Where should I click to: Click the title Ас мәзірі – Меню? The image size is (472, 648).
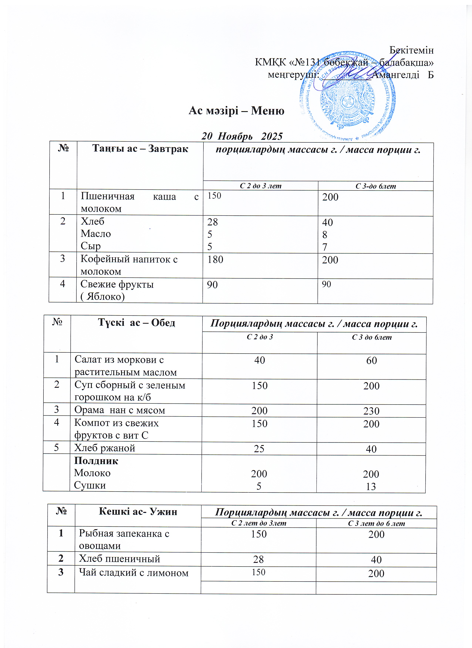236,111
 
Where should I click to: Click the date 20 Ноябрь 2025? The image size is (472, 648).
242,136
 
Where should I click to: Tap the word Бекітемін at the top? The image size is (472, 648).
411,50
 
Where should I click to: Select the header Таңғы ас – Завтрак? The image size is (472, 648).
140,149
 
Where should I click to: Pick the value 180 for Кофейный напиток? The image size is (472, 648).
215,259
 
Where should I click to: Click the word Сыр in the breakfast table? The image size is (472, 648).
91,246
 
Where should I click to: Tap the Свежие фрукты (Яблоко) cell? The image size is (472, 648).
117,290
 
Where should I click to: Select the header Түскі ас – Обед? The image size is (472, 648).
136,323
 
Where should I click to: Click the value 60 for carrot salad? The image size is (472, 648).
371,361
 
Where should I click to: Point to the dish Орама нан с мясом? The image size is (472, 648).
120,410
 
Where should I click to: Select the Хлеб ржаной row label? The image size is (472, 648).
105,448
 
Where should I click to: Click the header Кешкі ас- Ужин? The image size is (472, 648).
138,511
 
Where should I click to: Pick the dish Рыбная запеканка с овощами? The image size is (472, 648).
124,539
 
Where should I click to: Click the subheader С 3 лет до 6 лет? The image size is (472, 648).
376,523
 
